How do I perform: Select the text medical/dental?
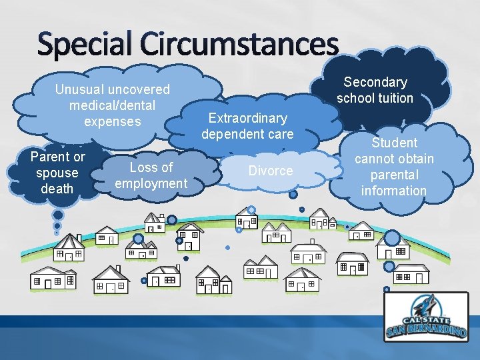112,105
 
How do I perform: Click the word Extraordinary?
247,118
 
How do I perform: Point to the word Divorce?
270,171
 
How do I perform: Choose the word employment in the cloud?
151,183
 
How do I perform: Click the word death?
57,189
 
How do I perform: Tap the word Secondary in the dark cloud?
375,82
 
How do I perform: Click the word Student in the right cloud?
394,143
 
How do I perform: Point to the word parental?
394,175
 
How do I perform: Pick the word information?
394,191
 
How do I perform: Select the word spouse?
57,173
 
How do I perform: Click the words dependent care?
247,134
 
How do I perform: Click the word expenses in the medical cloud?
112,121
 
